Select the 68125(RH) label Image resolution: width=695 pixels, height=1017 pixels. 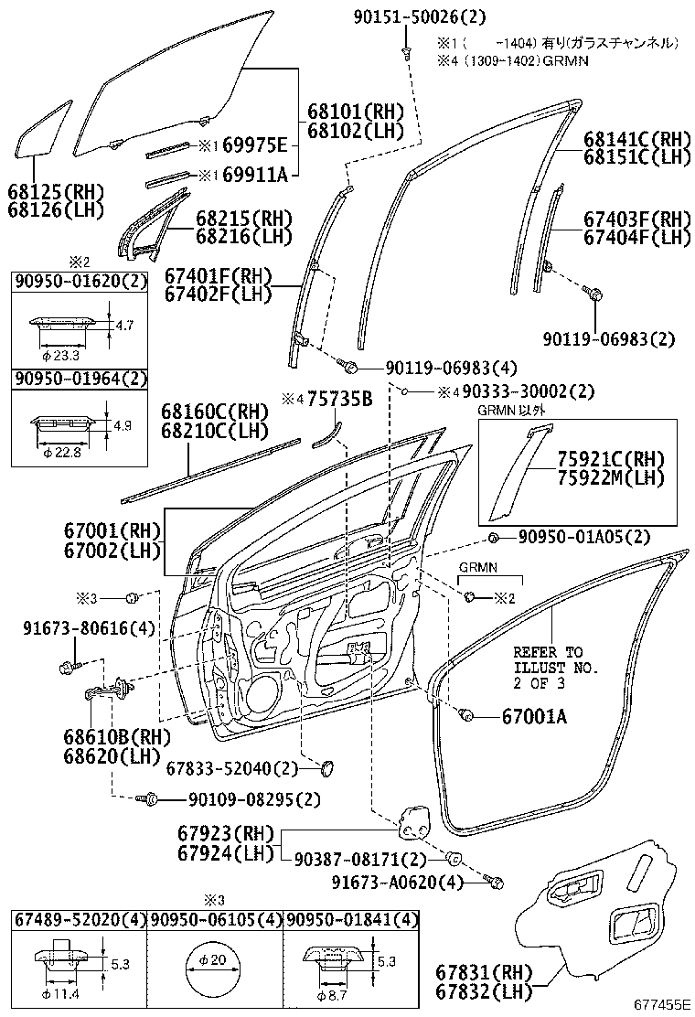[x=56, y=192]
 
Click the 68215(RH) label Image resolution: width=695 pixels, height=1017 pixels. [x=243, y=219]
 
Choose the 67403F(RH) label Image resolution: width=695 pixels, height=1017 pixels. [x=636, y=219]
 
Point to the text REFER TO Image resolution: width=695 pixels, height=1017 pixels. [x=547, y=652]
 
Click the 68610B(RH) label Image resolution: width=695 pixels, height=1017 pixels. [x=105, y=738]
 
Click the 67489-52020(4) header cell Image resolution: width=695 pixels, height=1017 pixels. [x=80, y=919]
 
